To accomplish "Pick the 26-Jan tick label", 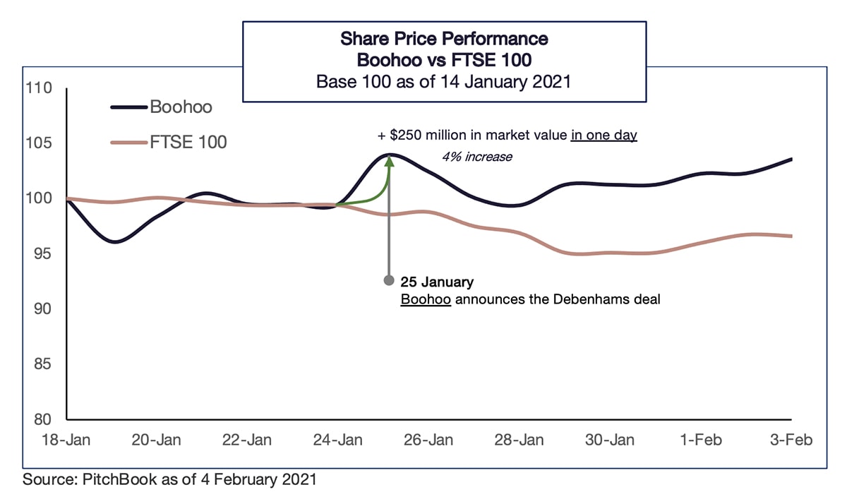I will (x=429, y=440).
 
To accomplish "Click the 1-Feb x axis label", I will (x=701, y=440).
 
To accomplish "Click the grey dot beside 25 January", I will (x=388, y=281).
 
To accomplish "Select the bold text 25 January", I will (x=437, y=282).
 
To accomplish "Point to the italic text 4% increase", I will (x=476, y=157).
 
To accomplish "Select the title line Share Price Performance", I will (x=444, y=37).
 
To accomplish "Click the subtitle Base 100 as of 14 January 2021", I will (x=444, y=81).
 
